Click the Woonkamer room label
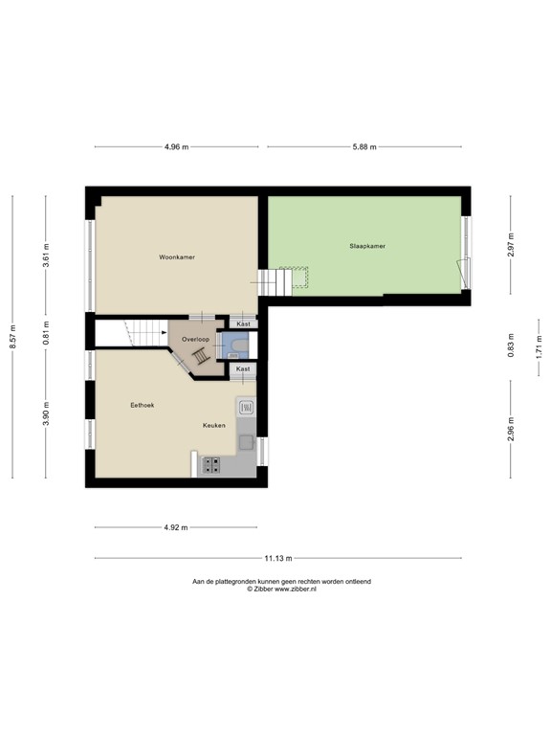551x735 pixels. (x=177, y=257)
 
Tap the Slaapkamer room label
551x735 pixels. (x=367, y=246)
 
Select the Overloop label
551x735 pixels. (x=196, y=339)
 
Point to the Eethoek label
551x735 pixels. (x=143, y=406)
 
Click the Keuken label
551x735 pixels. (x=213, y=425)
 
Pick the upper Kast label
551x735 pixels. (x=243, y=324)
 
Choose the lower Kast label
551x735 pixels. (x=243, y=368)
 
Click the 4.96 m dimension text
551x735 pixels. (x=176, y=146)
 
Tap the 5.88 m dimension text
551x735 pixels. (x=364, y=146)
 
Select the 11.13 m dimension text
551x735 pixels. (x=278, y=558)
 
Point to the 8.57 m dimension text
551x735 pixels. (x=13, y=337)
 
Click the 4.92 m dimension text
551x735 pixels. (x=175, y=527)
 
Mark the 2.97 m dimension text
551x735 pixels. (x=511, y=245)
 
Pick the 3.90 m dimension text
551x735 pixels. (x=46, y=413)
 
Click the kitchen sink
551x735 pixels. (x=245, y=408)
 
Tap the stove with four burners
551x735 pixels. (x=210, y=466)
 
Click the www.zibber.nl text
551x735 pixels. (x=295, y=589)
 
